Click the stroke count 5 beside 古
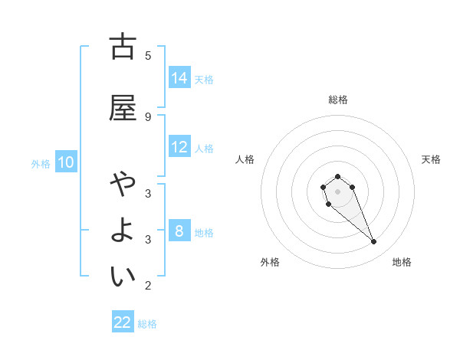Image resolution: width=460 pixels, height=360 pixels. pyautogui.click(x=148, y=55)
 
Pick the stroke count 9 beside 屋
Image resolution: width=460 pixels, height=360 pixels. pyautogui.click(x=148, y=116)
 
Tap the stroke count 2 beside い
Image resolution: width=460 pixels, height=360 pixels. pyautogui.click(x=148, y=286)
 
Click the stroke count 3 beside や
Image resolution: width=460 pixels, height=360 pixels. pyautogui.click(x=148, y=193)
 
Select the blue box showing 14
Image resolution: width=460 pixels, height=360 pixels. pyautogui.click(x=179, y=78)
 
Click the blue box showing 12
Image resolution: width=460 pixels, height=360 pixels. pyautogui.click(x=179, y=147)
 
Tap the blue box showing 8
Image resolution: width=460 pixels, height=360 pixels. pyautogui.click(x=179, y=231)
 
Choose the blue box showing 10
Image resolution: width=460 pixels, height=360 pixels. pyautogui.click(x=67, y=162)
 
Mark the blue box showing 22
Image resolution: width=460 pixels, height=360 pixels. pyautogui.click(x=123, y=322)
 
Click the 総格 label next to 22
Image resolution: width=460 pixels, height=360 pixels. pyautogui.click(x=147, y=324)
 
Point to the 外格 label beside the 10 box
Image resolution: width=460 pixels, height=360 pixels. pyautogui.click(x=41, y=164)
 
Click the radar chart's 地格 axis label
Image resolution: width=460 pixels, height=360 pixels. pyautogui.click(x=402, y=262)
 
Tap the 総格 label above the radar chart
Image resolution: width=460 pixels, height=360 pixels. pyautogui.click(x=337, y=100)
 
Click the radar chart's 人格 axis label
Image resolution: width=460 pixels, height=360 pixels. pyautogui.click(x=245, y=159)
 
